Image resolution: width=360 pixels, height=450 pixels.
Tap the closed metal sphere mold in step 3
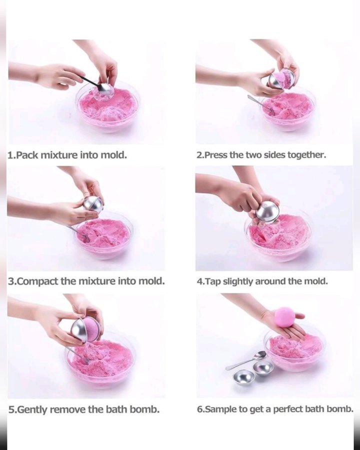pyautogui.click(x=92, y=204)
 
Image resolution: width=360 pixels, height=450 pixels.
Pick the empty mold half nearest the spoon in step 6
pyautogui.click(x=263, y=368)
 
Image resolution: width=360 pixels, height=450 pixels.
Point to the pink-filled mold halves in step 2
pyautogui.click(x=281, y=78)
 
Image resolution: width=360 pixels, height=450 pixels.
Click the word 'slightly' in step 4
pyautogui.click(x=238, y=281)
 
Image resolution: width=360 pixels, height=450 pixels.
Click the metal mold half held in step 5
pyautogui.click(x=81, y=330)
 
